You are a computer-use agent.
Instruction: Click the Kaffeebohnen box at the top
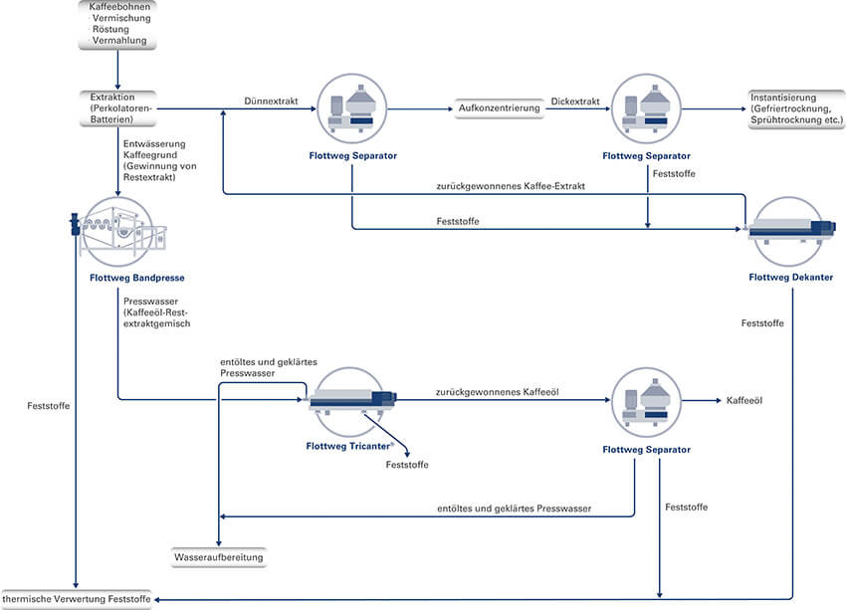coord(117,25)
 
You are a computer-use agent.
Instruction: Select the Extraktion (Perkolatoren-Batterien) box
coord(117,107)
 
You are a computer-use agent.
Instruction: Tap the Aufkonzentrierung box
coord(500,107)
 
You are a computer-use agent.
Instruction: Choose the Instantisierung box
coord(793,107)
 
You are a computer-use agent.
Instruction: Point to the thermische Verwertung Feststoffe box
coord(77,599)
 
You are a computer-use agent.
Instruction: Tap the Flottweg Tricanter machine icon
coord(351,400)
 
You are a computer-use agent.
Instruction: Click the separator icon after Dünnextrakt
coord(352,107)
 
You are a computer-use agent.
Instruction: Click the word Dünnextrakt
coord(271,101)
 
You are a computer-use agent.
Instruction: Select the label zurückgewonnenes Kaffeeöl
coord(497,393)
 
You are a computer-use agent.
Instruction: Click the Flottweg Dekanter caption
coord(792,276)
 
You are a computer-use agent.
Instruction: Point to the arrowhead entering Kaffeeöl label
coord(715,400)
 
